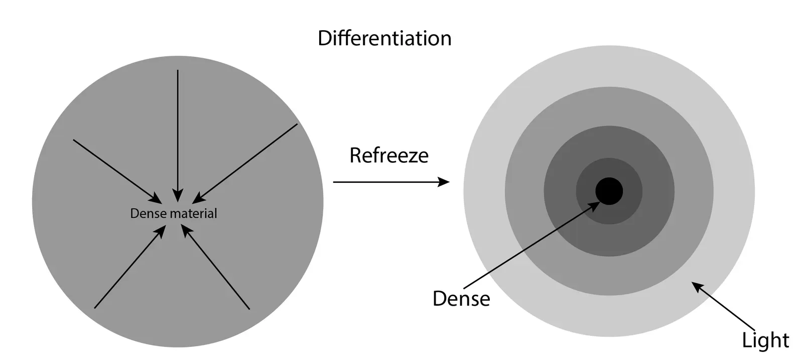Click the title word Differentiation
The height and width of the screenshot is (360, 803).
click(x=384, y=39)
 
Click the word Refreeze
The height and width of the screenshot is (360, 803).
click(x=389, y=155)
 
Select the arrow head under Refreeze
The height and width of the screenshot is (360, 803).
click(x=444, y=182)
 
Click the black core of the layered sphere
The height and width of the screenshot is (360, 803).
click(x=609, y=191)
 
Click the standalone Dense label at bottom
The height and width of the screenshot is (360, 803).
click(x=461, y=298)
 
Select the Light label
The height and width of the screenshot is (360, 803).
click(x=765, y=340)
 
